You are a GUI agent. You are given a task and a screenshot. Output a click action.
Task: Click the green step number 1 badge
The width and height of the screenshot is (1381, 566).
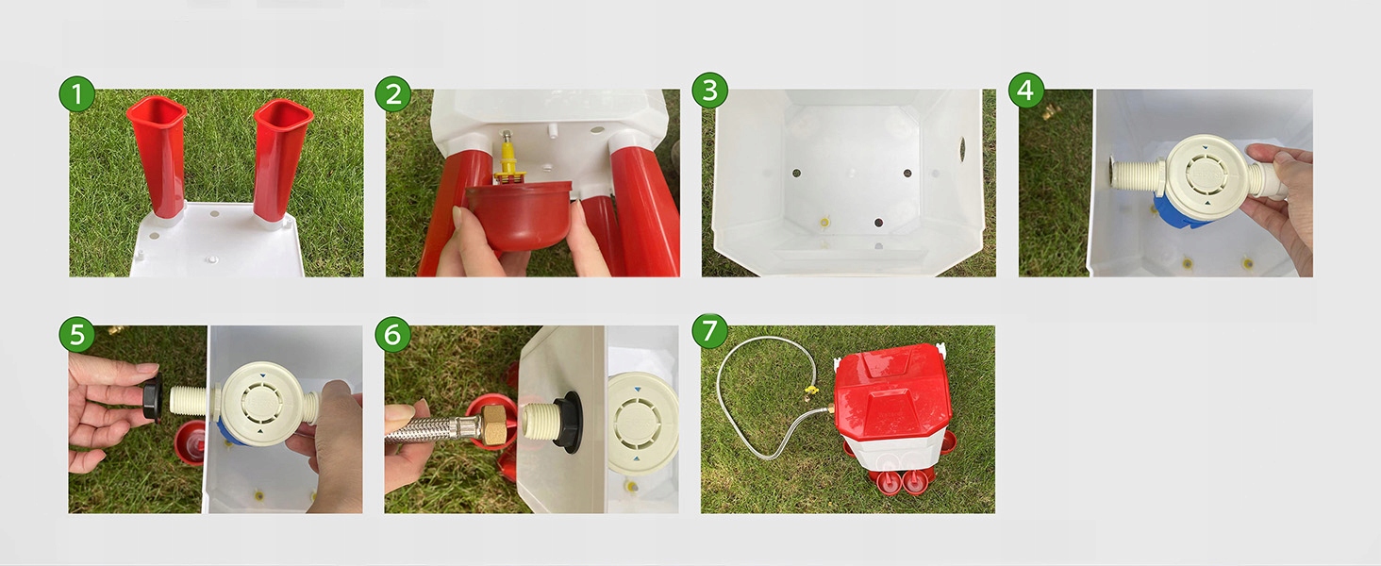click(76, 94)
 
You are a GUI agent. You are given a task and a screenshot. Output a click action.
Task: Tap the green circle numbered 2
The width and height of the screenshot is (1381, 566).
click(392, 94)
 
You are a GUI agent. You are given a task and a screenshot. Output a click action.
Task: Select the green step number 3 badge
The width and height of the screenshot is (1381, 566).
click(709, 91)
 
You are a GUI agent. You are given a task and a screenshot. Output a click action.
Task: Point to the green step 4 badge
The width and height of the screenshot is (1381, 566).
click(1026, 90)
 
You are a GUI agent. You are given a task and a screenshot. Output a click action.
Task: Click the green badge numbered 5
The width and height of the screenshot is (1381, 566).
click(76, 334)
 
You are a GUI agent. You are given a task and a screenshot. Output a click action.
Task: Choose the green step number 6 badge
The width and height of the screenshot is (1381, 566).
click(392, 335)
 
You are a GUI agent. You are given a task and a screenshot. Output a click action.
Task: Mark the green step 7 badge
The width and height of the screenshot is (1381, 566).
click(709, 330)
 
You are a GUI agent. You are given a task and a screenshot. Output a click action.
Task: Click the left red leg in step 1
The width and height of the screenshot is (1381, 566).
click(157, 158)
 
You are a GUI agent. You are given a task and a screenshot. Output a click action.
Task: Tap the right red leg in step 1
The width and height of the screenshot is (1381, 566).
click(281, 160)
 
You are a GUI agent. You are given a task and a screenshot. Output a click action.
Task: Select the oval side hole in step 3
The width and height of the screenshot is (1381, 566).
click(962, 149)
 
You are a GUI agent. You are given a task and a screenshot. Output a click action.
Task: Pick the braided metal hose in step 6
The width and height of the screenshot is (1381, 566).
click(432, 428)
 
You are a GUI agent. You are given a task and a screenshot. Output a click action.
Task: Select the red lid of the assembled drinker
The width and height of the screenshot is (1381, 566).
click(892, 395)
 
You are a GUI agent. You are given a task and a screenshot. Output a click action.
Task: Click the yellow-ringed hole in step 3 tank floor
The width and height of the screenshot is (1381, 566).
click(824, 222)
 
